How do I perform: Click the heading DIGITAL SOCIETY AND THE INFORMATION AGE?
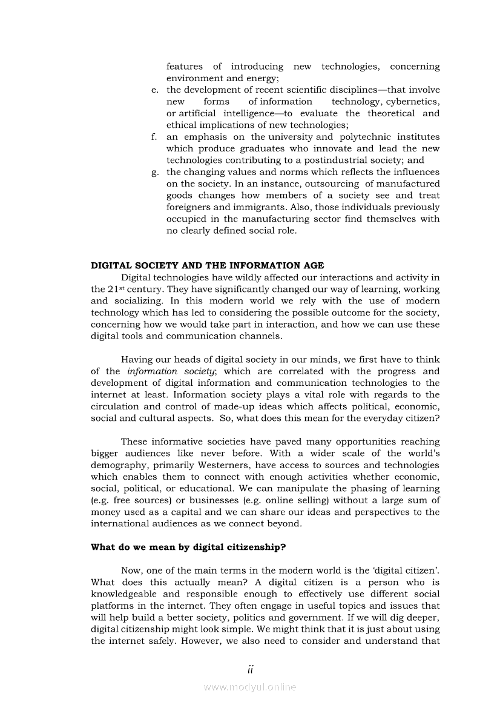point(207,265)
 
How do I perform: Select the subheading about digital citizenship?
point(188,547)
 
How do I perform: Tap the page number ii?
point(250,669)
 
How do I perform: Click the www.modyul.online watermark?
point(250,687)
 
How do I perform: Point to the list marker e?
point(155,90)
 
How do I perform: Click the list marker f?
point(155,137)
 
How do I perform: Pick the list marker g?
point(155,172)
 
